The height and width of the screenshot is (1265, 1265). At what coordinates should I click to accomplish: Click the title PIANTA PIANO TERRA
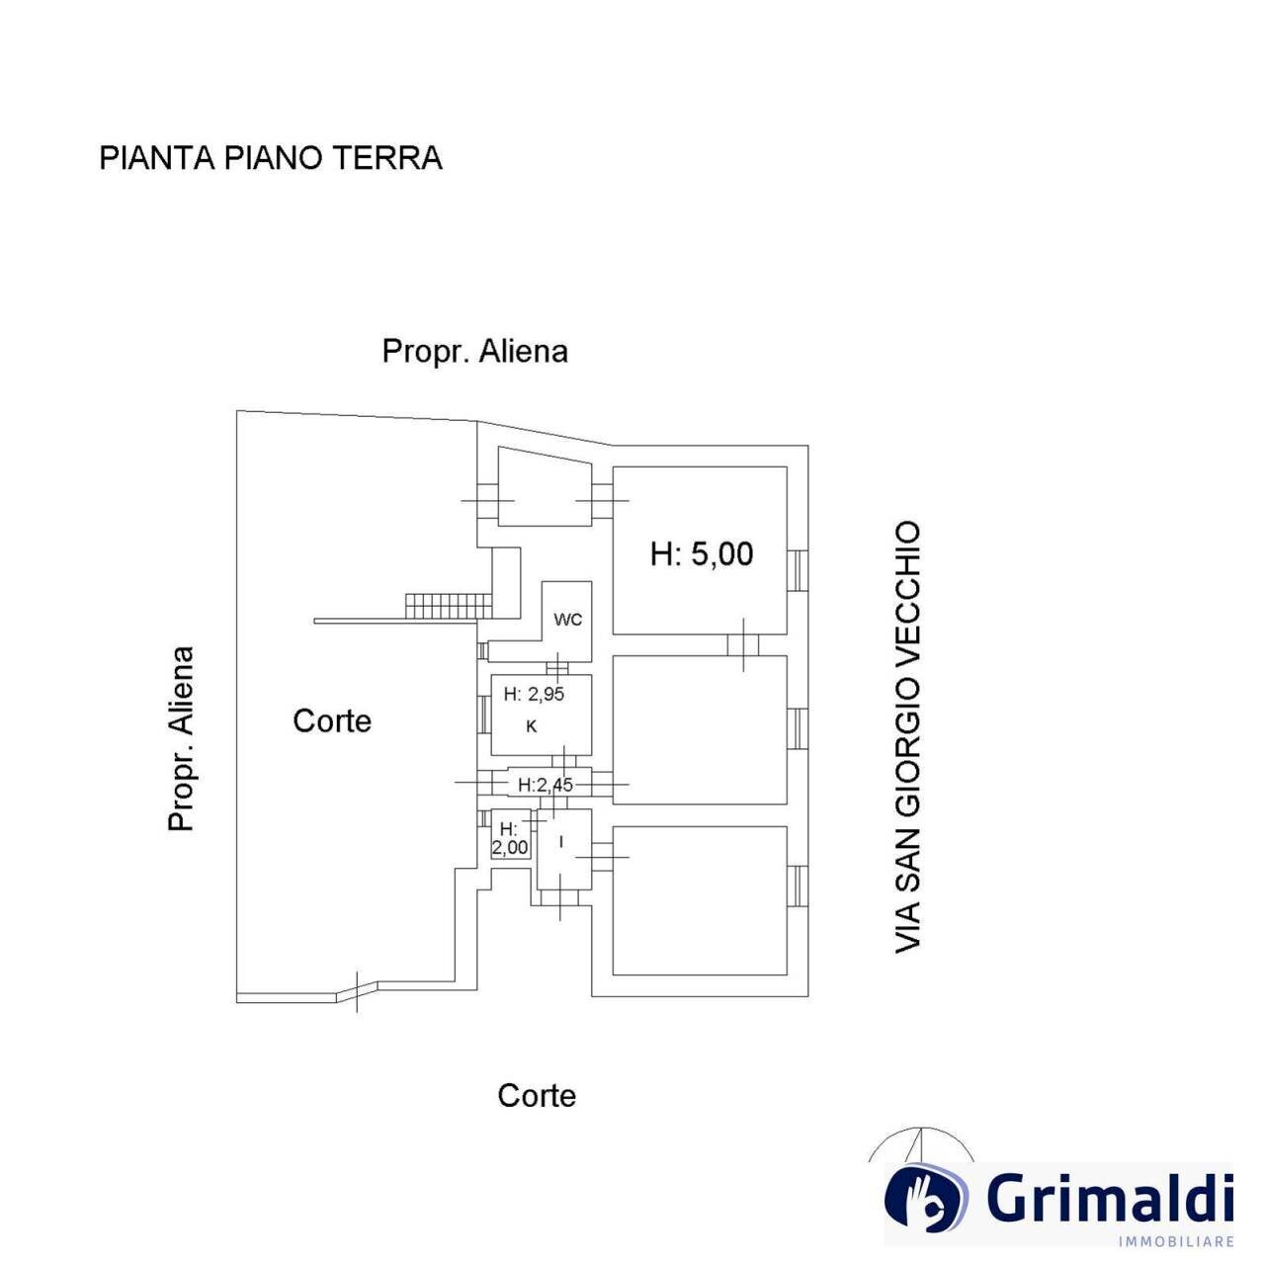click(270, 158)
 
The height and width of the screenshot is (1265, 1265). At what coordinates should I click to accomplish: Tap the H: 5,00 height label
click(702, 553)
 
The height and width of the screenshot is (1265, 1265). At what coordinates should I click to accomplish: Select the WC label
click(567, 620)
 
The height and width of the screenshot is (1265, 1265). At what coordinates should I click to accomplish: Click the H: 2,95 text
click(534, 694)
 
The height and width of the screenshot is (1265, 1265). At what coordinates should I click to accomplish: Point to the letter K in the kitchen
click(532, 727)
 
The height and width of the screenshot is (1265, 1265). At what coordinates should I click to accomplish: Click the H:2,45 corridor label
click(546, 785)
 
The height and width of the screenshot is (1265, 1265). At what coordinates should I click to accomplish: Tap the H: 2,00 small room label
click(510, 838)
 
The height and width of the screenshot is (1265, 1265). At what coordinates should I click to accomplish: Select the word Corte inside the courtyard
click(332, 720)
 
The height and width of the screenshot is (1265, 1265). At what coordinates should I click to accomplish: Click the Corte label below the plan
click(537, 1095)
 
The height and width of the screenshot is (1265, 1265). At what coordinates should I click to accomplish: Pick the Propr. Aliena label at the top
click(474, 351)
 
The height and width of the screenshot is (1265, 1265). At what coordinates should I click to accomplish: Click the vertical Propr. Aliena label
click(181, 738)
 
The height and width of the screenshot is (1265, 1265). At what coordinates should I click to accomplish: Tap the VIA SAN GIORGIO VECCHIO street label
click(907, 737)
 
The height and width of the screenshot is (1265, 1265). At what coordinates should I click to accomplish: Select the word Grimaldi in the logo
click(1110, 1199)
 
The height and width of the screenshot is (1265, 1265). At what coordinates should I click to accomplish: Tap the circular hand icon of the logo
click(925, 1198)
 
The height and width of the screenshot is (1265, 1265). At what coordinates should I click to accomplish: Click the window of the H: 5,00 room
click(797, 569)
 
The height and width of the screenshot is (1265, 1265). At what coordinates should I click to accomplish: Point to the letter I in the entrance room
click(562, 842)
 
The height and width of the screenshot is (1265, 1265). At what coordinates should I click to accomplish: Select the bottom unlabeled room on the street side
click(700, 900)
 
